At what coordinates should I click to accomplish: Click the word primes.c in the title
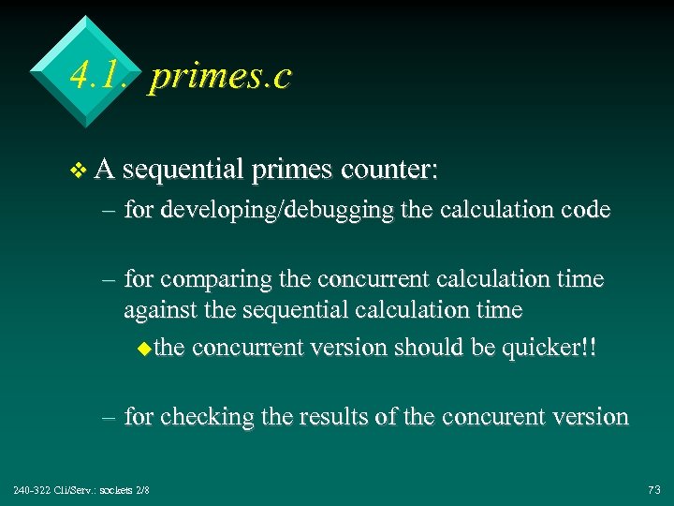220,75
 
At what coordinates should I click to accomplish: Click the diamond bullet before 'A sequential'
79,171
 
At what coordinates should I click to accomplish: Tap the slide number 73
653,490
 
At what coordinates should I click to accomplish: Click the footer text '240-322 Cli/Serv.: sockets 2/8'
81,490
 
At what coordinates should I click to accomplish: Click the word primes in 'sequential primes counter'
292,171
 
